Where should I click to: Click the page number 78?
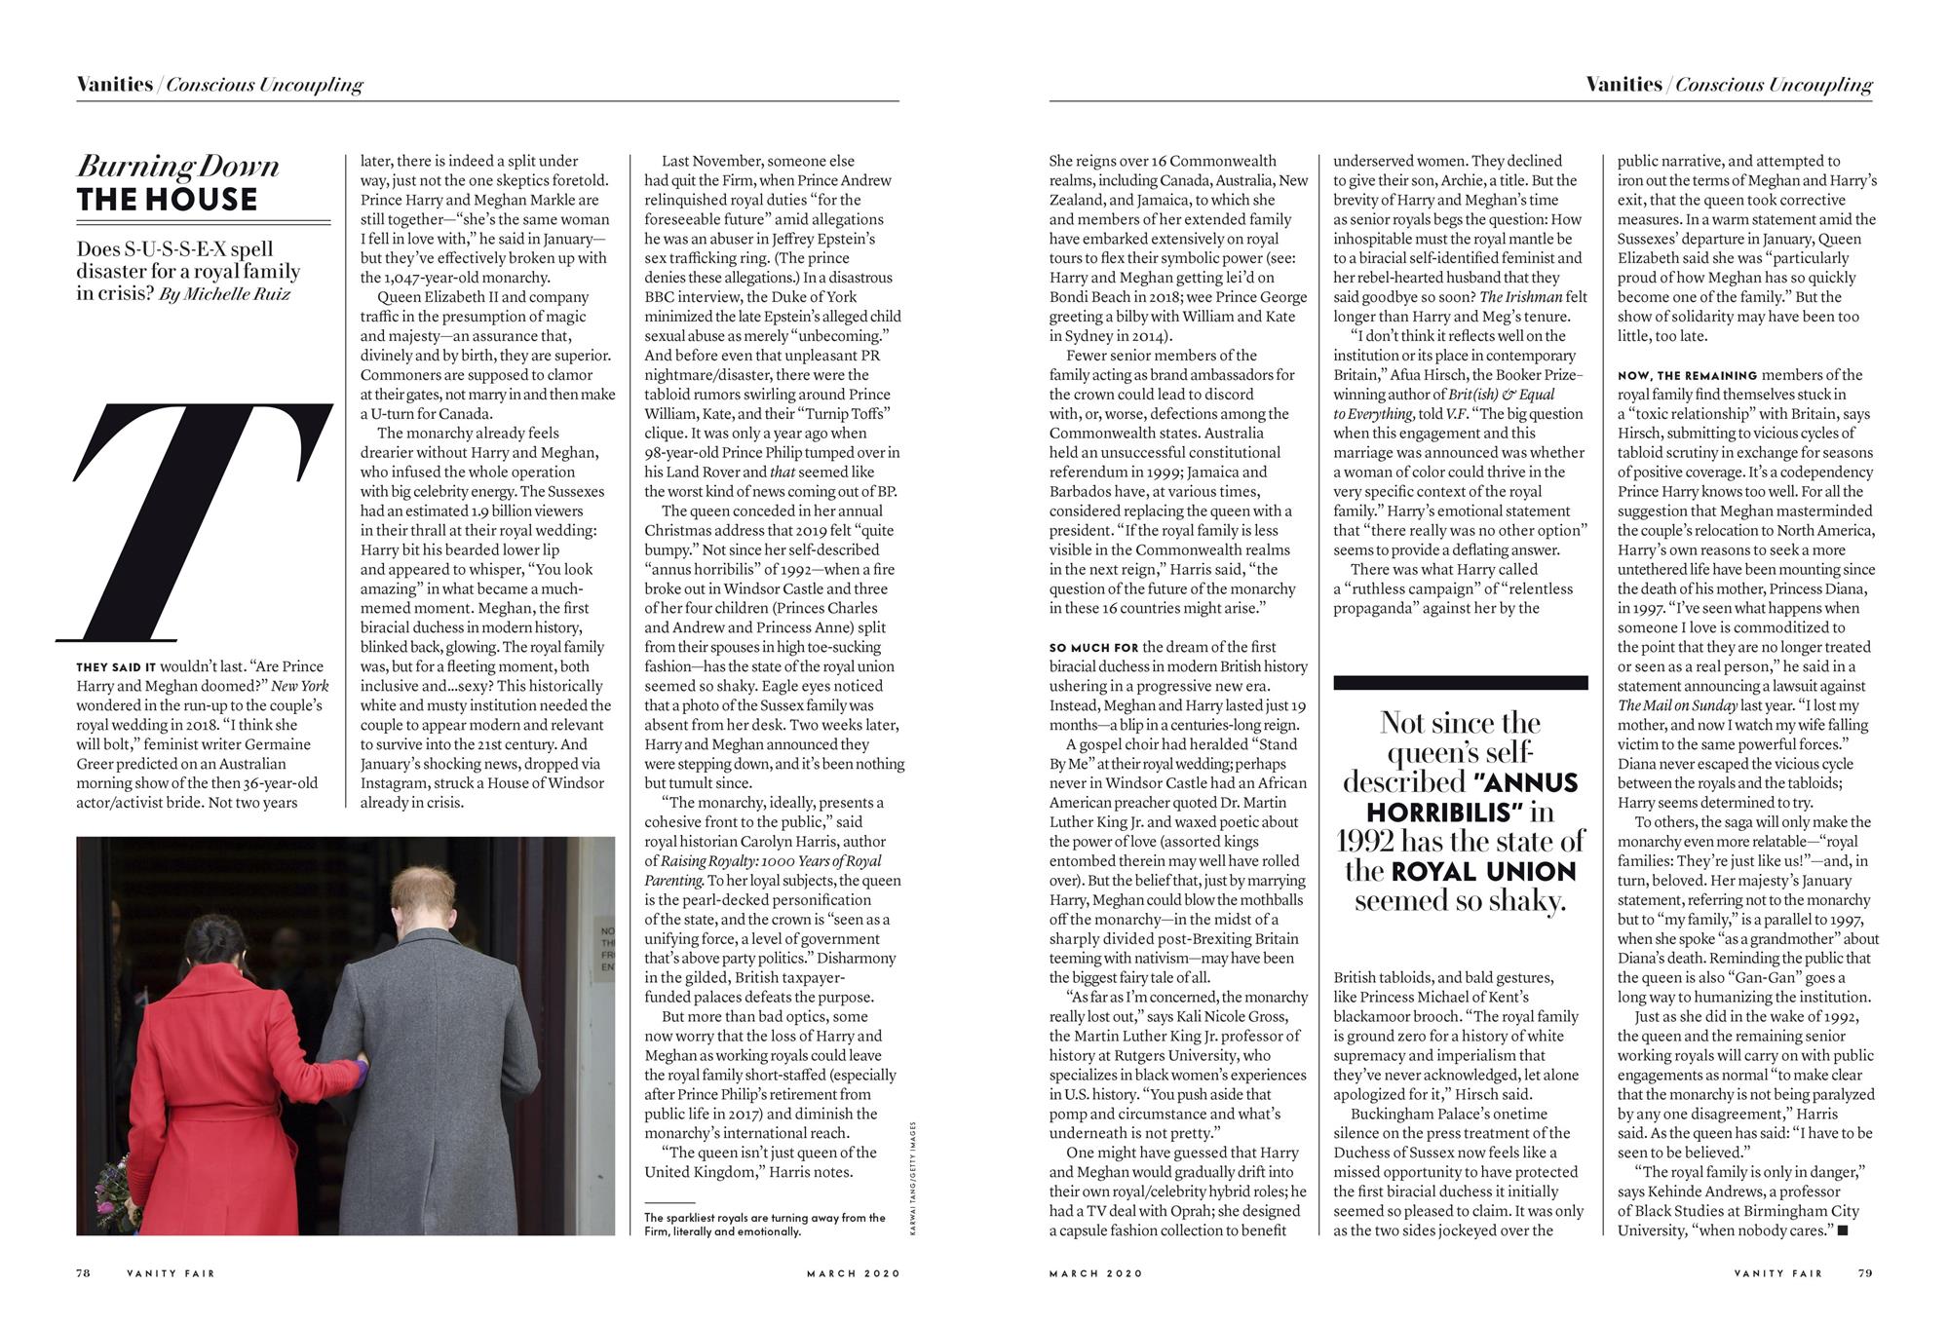(84, 1272)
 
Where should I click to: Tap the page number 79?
(1864, 1272)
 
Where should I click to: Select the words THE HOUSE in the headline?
(168, 200)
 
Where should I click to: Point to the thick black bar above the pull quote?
(1460, 683)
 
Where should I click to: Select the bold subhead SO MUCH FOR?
(1093, 648)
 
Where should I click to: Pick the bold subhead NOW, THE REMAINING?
(1687, 375)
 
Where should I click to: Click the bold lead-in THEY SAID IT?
(116, 667)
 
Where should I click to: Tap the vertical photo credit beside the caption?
(913, 1179)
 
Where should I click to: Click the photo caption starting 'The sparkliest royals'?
(764, 1224)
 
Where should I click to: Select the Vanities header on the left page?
(115, 85)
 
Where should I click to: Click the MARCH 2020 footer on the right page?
(1095, 1273)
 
